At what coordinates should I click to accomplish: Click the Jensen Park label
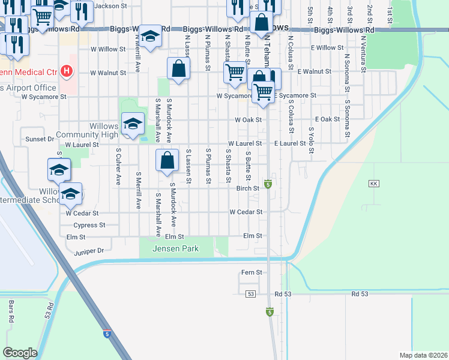click(x=175, y=248)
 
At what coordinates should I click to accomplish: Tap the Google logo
click(x=19, y=353)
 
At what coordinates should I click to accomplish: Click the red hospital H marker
click(x=67, y=73)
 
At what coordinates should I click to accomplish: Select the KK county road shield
click(x=375, y=183)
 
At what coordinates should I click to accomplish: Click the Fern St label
click(x=252, y=272)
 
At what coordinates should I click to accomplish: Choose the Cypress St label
click(x=89, y=226)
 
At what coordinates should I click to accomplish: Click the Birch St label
click(x=247, y=188)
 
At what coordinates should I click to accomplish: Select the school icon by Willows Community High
click(x=133, y=124)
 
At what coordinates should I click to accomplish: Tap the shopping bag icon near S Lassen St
click(x=167, y=160)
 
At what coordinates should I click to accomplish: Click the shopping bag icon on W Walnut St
click(x=178, y=68)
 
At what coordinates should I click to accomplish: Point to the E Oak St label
click(x=327, y=119)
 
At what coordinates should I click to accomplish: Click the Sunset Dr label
click(x=40, y=139)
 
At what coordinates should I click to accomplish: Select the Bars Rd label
click(x=11, y=312)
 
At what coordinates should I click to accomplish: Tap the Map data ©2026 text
click(x=423, y=355)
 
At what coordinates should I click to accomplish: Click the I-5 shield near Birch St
click(x=268, y=184)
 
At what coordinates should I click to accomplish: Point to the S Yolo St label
click(x=311, y=140)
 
